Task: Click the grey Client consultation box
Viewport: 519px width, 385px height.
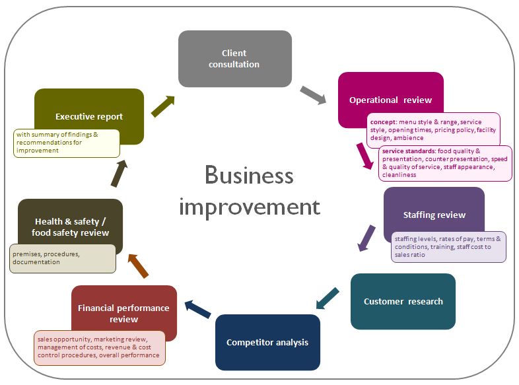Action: (x=234, y=58)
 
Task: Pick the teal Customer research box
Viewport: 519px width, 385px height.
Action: (x=403, y=301)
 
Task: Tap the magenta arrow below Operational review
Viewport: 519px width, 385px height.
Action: (x=363, y=156)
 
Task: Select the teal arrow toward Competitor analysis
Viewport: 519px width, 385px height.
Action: (x=328, y=298)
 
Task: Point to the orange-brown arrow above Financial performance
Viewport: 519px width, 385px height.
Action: (x=138, y=265)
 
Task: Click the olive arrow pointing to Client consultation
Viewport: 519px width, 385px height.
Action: (x=163, y=106)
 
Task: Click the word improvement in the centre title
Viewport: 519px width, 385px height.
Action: (x=249, y=207)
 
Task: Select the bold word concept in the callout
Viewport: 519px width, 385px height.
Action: (x=381, y=122)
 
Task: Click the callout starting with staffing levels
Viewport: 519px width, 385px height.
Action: (x=448, y=246)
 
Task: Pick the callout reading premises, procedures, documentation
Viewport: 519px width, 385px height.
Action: (x=63, y=258)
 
